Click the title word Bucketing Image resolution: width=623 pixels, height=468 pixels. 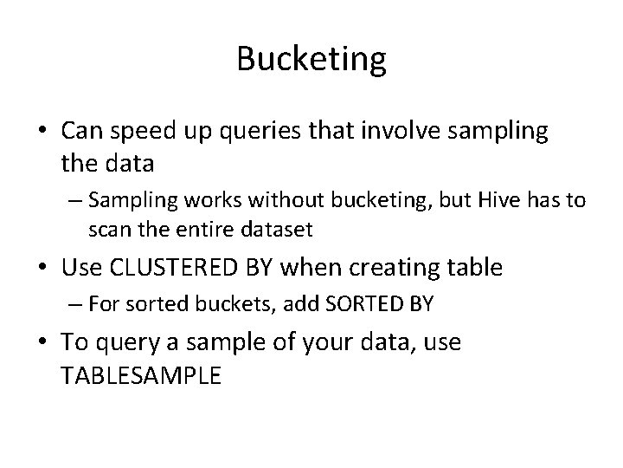click(x=311, y=60)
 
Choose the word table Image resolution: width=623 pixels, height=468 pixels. click(x=475, y=268)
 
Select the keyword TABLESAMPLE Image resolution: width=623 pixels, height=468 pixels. click(x=143, y=377)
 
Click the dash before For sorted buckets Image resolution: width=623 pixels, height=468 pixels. click(x=72, y=305)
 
